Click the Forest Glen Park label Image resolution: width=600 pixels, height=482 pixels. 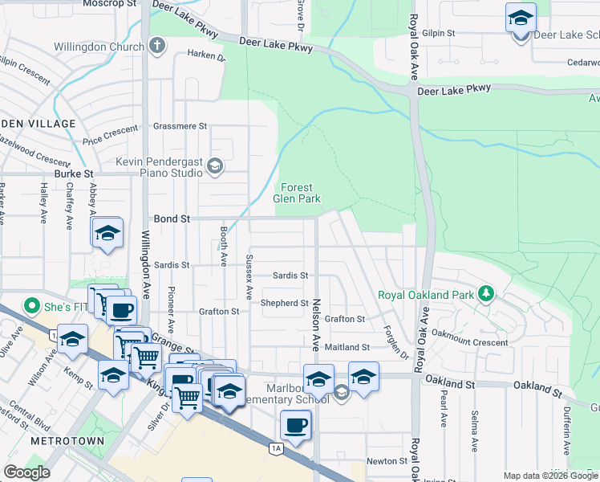coord(297,193)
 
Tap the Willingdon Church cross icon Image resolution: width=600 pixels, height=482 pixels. coord(157,46)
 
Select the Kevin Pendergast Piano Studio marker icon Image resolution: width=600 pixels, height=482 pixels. coord(214,166)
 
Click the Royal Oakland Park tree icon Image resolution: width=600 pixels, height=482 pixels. coord(485,293)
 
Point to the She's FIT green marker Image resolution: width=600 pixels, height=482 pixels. coord(32,305)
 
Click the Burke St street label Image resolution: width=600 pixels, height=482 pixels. coord(74,173)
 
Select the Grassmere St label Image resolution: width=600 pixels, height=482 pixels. coord(180,126)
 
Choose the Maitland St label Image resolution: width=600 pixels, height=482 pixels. coord(347,347)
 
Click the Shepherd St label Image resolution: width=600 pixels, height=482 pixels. coord(285,303)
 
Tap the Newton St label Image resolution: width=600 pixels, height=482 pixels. coord(387,461)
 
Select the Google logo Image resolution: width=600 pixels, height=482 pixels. coord(26,472)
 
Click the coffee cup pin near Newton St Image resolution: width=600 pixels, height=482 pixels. coord(295,425)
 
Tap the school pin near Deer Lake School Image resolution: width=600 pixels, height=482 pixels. coord(521,17)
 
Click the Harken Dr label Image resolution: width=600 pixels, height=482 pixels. coord(207,55)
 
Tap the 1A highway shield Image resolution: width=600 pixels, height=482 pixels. coord(277,448)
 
